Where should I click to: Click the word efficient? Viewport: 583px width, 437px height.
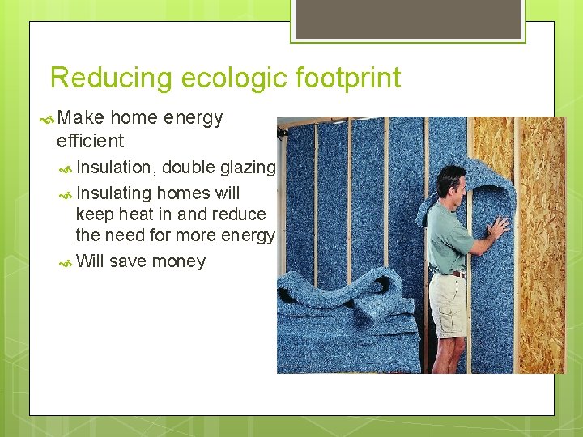(90, 141)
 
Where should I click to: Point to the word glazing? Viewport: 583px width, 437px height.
(249, 168)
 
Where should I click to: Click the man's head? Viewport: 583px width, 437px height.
(452, 182)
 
